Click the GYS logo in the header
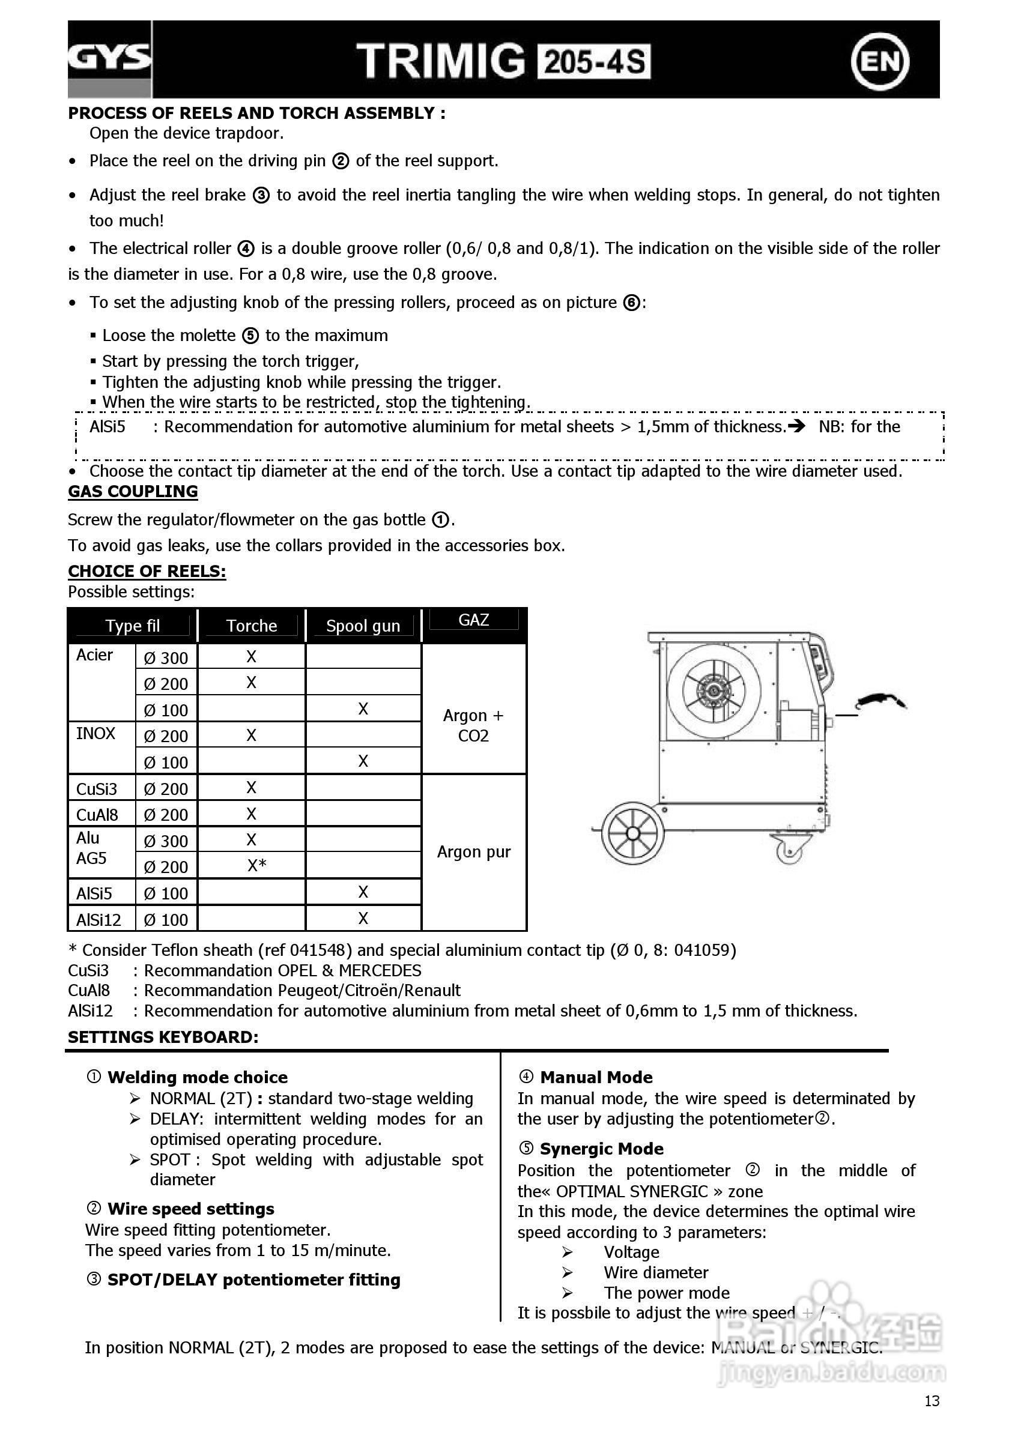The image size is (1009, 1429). [109, 58]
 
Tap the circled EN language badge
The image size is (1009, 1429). [879, 61]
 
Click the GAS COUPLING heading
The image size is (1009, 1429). [133, 492]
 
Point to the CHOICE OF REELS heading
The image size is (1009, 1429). [147, 572]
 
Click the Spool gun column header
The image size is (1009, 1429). [363, 626]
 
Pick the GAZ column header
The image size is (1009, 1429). [473, 620]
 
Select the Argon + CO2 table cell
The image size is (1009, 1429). [473, 726]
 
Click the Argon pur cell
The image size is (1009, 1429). [473, 851]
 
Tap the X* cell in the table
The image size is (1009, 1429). [256, 866]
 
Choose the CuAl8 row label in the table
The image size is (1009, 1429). [97, 815]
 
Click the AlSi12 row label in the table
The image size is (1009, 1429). [98, 919]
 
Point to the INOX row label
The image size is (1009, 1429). [96, 734]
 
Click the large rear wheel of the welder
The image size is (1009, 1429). [632, 833]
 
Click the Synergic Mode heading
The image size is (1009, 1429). [601, 1149]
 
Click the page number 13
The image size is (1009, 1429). [931, 1401]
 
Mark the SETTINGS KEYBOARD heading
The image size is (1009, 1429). [163, 1037]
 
